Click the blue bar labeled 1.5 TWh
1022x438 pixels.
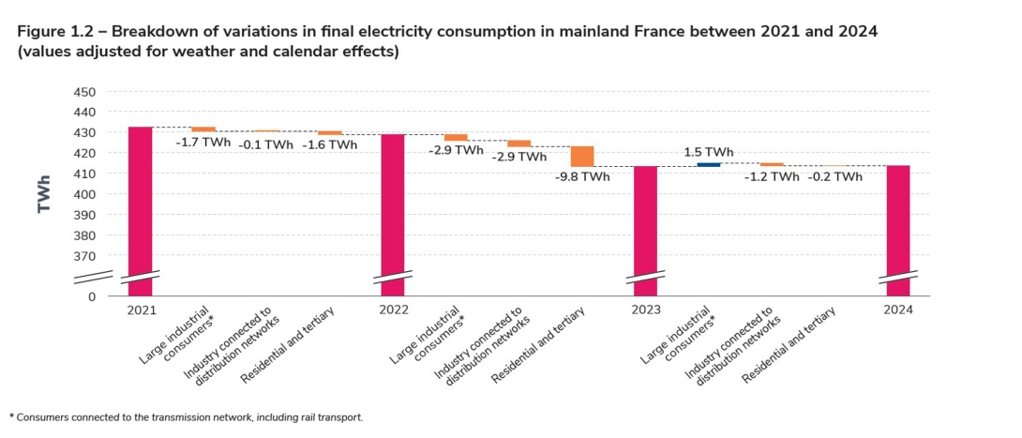coord(709,164)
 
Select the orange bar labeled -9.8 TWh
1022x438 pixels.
coord(582,156)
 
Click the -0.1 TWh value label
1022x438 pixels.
coord(265,145)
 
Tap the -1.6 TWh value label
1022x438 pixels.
coord(330,145)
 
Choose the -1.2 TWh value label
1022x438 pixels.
coord(772,176)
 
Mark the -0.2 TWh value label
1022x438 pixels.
coord(835,176)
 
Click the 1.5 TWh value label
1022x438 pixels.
coord(709,151)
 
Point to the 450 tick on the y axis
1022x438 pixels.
coord(83,92)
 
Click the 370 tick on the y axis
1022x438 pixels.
coord(83,256)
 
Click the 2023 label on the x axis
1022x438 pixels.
coord(645,310)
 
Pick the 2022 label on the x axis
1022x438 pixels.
coord(392,310)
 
